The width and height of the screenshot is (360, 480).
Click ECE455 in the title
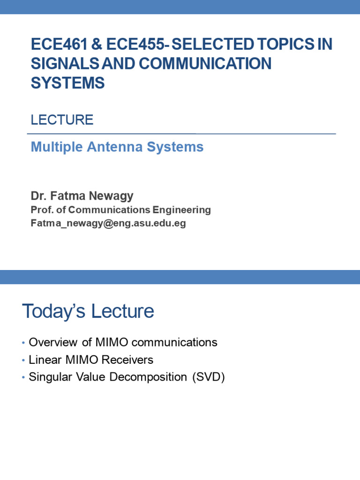coord(136,44)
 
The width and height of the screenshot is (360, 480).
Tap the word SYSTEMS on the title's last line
coord(67,83)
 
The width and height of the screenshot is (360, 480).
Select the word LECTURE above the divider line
coord(62,120)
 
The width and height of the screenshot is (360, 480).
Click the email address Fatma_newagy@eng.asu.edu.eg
coord(108,224)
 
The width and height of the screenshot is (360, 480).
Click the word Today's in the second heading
coord(54,311)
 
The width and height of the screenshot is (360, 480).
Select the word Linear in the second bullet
coord(43,360)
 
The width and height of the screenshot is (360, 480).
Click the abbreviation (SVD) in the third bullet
coord(209,377)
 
